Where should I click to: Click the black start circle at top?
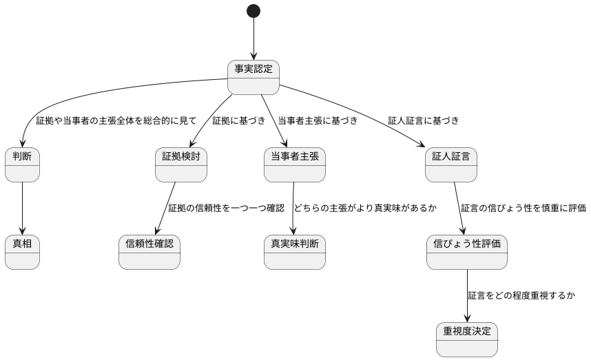pyautogui.click(x=253, y=11)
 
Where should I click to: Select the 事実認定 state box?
pyautogui.click(x=253, y=77)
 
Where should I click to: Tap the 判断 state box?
pyautogui.click(x=22, y=165)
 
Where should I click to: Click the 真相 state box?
pyautogui.click(x=22, y=252)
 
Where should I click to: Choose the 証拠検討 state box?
pyautogui.click(x=181, y=165)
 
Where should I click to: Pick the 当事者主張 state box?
pyautogui.click(x=294, y=165)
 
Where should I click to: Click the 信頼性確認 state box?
pyautogui.click(x=149, y=252)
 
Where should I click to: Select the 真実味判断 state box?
pyautogui.click(x=294, y=252)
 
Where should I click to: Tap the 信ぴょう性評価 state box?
pyautogui.click(x=466, y=252)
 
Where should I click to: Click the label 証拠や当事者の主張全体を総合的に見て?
pyautogui.click(x=116, y=121)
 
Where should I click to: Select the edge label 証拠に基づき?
pyautogui.click(x=238, y=121)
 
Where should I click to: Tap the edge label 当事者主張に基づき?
pyautogui.click(x=318, y=121)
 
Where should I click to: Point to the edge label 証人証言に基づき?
pyautogui.click(x=423, y=121)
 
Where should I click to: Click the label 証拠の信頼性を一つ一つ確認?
pyautogui.click(x=226, y=208)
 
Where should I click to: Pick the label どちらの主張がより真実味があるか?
pyautogui.click(x=365, y=208)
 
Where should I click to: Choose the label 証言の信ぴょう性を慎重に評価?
pyautogui.click(x=523, y=208)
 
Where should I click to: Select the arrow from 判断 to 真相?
pyautogui.click(x=22, y=208)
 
